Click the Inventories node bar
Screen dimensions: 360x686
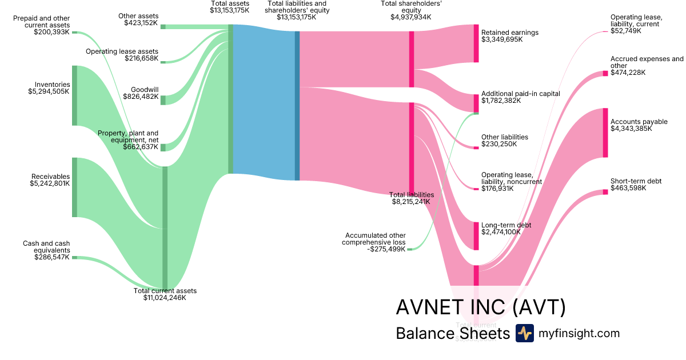[x=74, y=95]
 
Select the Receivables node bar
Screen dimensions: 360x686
[x=74, y=187]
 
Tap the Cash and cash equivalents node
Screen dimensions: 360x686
[x=74, y=258]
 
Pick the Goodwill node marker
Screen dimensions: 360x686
[x=163, y=100]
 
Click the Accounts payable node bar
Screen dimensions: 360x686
[x=605, y=133]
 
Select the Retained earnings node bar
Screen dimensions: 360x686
[x=476, y=43]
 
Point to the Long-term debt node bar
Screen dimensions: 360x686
[x=476, y=235]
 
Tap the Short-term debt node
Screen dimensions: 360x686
[x=605, y=192]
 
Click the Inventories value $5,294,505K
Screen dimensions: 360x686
[x=49, y=91]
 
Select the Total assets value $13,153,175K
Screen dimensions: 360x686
[x=229, y=10]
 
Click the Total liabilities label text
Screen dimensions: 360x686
[x=411, y=195]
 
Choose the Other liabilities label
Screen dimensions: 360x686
[x=504, y=137]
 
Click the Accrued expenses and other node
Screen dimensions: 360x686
[x=605, y=73]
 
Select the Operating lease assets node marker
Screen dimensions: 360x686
[x=163, y=62]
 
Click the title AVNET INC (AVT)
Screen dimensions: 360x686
[x=480, y=307]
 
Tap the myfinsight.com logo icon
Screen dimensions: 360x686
[x=524, y=333]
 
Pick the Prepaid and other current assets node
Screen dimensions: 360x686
[x=74, y=33]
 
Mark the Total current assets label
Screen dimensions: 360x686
[x=165, y=291]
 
